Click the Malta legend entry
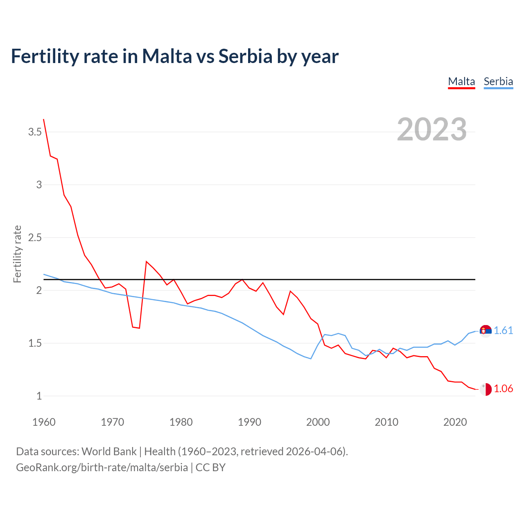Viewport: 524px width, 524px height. [461, 81]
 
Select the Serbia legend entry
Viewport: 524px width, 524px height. [498, 81]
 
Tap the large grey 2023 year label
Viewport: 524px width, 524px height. [432, 129]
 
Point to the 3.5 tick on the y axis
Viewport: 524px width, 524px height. [35, 132]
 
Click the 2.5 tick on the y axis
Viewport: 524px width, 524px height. [35, 237]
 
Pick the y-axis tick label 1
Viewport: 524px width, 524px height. [39, 396]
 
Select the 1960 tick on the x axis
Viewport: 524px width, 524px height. [44, 422]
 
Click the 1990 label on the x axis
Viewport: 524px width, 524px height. [249, 422]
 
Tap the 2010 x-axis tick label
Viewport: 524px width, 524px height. [386, 422]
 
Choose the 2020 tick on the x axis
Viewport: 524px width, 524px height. [455, 422]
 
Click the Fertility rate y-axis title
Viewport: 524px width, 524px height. [17, 254]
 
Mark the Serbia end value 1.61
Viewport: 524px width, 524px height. [503, 330]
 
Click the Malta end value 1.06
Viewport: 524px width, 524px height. [503, 388]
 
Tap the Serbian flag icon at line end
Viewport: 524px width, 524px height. [486, 331]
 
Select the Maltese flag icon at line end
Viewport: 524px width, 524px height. [486, 389]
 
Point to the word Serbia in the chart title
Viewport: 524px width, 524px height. [245, 56]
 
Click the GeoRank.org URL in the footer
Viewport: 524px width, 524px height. [102, 467]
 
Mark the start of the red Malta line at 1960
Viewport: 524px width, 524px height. [44, 120]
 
